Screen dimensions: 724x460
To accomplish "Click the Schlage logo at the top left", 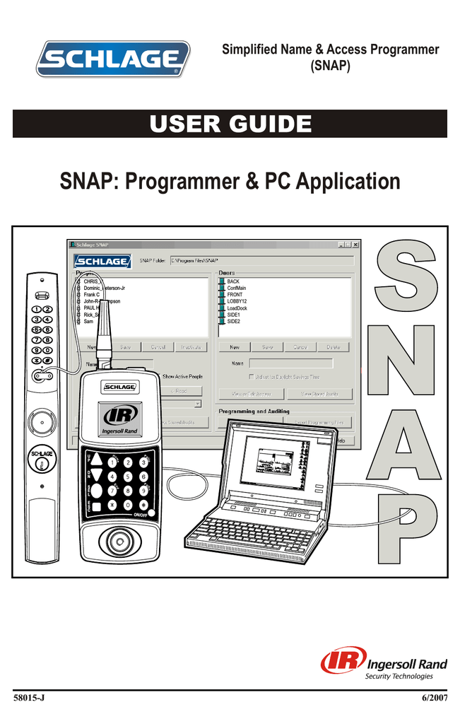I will [114, 59].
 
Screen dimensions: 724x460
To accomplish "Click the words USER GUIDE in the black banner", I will [230, 124].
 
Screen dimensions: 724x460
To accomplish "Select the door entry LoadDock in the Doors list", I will [237, 308].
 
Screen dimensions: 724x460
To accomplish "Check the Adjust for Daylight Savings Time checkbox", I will [252, 377].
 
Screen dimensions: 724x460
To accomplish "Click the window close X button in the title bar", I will [355, 245].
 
